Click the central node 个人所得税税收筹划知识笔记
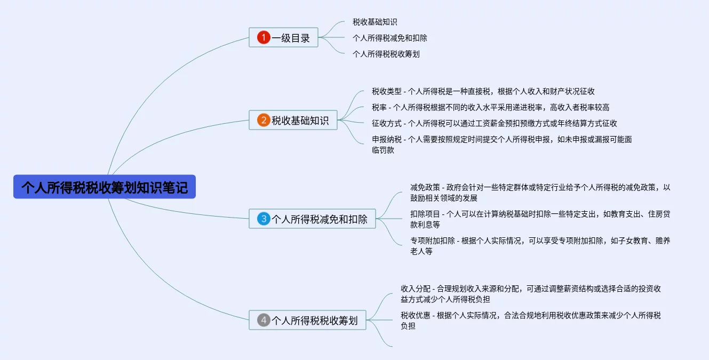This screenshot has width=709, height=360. click(105, 187)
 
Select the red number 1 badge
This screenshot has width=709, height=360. click(264, 37)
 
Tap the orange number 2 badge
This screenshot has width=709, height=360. click(264, 120)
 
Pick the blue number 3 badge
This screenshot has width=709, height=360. click(264, 219)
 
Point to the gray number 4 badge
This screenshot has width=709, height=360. click(264, 320)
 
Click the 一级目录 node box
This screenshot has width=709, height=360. click(283, 37)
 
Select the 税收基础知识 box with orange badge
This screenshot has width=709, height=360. click(293, 120)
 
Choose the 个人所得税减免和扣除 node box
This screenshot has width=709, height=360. click(312, 219)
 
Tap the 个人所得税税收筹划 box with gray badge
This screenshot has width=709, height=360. click(307, 320)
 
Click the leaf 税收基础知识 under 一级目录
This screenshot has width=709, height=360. click(375, 22)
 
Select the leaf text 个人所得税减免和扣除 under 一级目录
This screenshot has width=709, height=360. click(389, 38)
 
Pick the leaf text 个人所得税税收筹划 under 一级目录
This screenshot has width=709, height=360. click(389, 54)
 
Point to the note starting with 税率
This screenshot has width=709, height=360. click(490, 107)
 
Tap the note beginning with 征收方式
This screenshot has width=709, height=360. click(494, 123)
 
